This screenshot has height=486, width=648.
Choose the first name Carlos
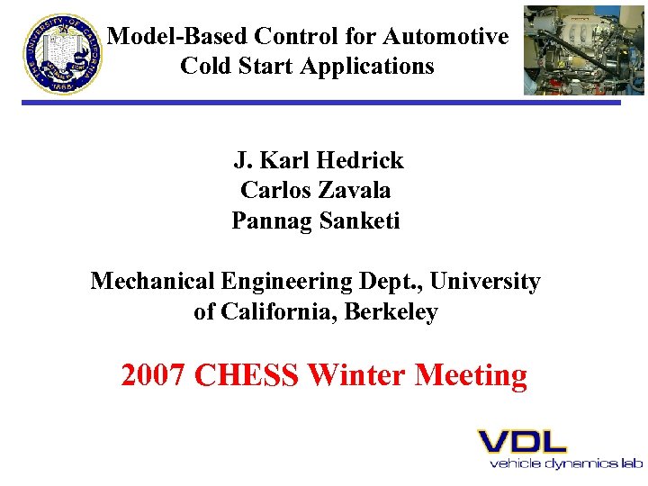[x=274, y=191]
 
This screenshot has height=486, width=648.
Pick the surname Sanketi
[x=358, y=220]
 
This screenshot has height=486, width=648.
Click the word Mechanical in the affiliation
[x=151, y=282]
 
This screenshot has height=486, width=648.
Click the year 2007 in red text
[x=154, y=374]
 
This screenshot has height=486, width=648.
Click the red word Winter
[x=356, y=374]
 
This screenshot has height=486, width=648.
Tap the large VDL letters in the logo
[x=521, y=441]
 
